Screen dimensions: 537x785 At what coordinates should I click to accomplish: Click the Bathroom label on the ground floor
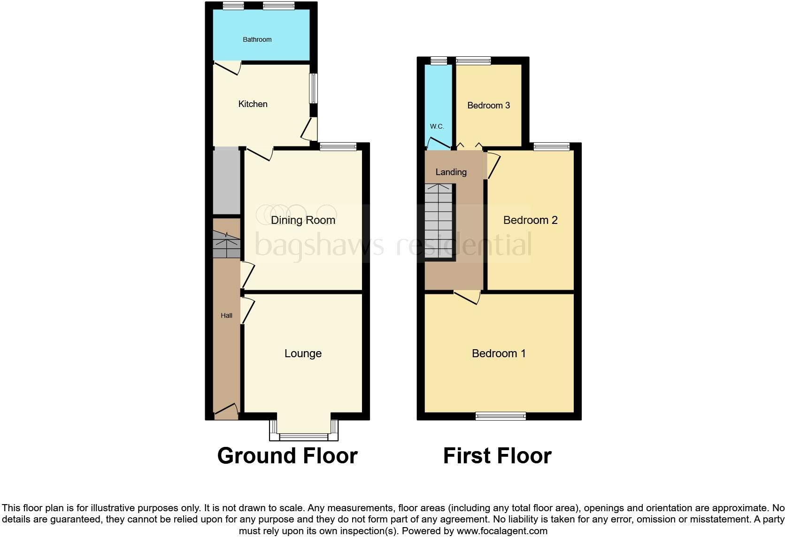point(257,39)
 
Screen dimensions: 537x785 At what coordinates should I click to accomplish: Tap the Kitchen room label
point(253,104)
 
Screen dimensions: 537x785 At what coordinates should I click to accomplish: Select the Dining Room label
point(303,220)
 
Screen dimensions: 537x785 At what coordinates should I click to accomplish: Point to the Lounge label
point(303,353)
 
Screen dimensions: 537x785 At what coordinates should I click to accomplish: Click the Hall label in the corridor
point(226,316)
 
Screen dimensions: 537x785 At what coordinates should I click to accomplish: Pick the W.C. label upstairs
point(437,126)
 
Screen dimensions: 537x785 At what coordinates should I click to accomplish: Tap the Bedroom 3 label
point(488,106)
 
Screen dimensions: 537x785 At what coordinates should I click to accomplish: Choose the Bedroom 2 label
point(530,220)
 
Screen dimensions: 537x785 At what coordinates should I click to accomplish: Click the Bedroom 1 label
point(499,353)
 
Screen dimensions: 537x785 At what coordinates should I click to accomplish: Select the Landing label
point(451,172)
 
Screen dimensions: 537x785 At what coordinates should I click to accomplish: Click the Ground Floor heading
point(287,456)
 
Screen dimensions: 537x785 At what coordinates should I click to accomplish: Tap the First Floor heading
point(497,456)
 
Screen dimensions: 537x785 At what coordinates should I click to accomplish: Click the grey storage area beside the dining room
point(227,181)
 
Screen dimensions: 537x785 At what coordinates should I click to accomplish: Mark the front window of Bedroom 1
point(500,415)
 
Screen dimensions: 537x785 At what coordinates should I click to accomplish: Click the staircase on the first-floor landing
point(439,221)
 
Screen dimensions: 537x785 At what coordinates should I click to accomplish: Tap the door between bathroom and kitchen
point(228,69)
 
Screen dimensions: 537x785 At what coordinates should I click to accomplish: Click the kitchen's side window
point(313,88)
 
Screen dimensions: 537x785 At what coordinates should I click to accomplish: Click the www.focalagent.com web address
point(502,531)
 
